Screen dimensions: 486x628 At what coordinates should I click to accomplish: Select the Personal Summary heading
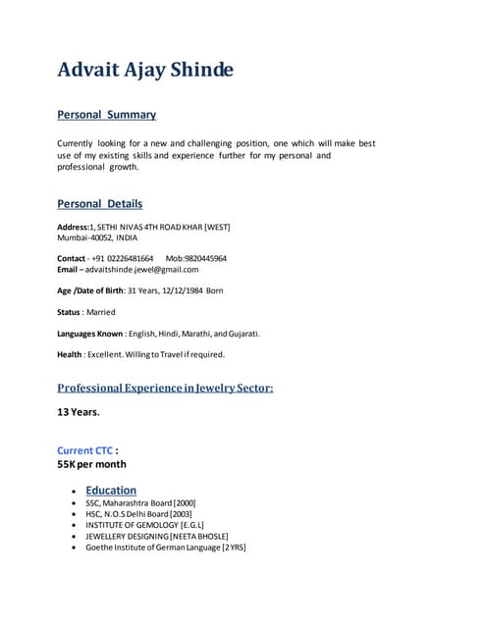coord(106,115)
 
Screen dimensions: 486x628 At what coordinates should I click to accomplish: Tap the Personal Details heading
coord(99,204)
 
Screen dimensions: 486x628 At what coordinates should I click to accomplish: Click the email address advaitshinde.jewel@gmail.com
coord(141,269)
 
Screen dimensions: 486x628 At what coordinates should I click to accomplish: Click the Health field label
coord(69,354)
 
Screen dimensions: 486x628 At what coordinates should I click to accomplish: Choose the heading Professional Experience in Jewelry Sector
coord(165,388)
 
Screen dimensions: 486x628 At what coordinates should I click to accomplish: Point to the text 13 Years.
coord(79,412)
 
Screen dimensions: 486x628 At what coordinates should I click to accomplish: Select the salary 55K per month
coord(91,464)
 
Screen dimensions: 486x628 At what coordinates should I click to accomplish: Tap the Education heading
coord(111,490)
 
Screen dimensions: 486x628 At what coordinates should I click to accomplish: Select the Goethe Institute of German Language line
coord(165,548)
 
